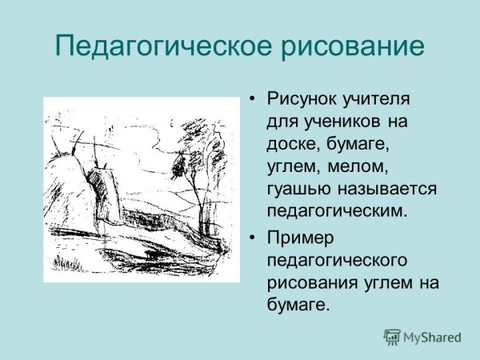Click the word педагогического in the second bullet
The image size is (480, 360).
[x=338, y=261]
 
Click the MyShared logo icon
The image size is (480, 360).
[x=392, y=337]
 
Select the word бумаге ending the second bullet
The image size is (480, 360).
[x=298, y=306]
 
